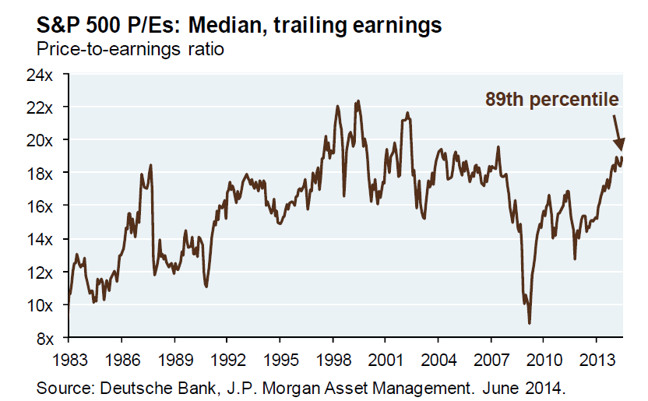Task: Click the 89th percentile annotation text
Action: [551, 99]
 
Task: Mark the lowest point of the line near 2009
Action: [530, 322]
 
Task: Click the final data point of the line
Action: [622, 158]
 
